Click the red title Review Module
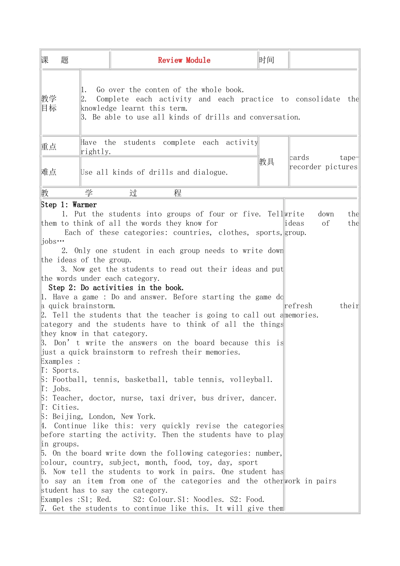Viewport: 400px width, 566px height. pos(184,60)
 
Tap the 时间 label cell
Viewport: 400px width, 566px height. pos(267,60)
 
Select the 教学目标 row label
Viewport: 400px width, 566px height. pos(49,103)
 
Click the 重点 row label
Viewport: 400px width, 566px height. pos(49,147)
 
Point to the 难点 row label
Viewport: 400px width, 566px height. pos(49,172)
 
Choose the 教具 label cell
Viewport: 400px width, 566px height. pos(267,162)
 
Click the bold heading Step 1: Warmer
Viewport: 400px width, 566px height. pos(69,205)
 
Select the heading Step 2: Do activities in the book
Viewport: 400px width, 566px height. pos(116,288)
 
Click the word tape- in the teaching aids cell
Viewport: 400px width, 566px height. pos(349,158)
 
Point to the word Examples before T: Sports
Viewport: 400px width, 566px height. pos(57,361)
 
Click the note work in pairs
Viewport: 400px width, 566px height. pos(311,481)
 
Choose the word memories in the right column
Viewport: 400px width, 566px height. pos(301,315)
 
